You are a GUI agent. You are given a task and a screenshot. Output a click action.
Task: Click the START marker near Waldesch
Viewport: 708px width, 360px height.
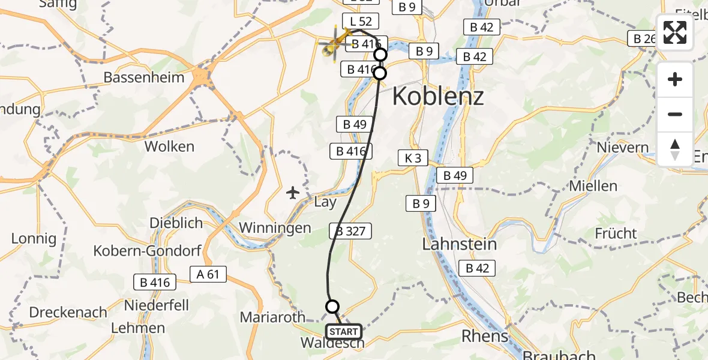click(343, 332)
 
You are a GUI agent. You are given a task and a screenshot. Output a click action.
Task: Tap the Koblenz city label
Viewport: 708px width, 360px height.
click(438, 96)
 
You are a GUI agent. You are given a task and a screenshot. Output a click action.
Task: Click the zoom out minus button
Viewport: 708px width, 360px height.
click(675, 114)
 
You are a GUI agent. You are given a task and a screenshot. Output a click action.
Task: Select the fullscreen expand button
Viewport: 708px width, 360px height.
click(675, 32)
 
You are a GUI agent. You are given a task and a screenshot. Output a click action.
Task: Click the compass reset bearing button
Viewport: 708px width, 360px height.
click(675, 149)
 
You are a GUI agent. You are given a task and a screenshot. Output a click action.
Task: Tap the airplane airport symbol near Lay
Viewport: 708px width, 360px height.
click(293, 193)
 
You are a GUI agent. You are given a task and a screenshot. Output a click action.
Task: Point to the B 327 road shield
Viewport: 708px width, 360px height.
click(350, 231)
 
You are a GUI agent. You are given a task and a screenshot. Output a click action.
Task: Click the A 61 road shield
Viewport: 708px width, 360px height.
click(208, 274)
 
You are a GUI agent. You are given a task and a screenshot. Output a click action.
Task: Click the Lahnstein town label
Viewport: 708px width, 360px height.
click(460, 244)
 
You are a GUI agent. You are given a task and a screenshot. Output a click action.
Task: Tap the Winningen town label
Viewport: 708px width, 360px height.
click(275, 228)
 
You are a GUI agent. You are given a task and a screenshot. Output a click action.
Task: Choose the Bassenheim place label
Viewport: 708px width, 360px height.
click(141, 78)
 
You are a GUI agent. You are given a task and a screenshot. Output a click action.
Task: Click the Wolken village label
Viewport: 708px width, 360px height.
click(169, 146)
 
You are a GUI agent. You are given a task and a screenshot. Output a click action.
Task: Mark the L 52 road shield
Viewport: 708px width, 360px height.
click(361, 22)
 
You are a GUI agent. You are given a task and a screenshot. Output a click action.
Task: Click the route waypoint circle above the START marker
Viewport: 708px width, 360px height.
click(332, 307)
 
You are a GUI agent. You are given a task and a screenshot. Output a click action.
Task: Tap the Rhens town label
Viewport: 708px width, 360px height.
click(485, 335)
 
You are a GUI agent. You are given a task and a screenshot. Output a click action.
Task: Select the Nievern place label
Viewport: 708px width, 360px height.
click(623, 148)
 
